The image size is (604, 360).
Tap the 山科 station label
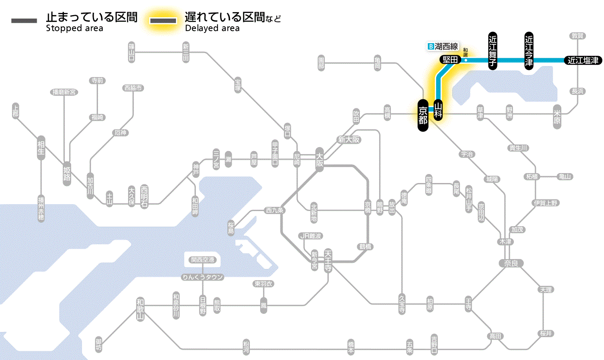[438, 110]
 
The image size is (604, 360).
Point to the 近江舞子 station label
[493, 51]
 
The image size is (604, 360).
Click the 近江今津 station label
[528, 51]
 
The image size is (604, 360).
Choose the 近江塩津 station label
[583, 60]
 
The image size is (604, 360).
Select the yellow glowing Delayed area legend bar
[163, 21]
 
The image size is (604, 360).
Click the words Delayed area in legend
[212, 28]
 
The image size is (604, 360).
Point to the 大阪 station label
[319, 160]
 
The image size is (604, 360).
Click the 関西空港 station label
[203, 260]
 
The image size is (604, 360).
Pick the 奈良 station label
[510, 263]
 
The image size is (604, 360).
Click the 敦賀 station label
[578, 36]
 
